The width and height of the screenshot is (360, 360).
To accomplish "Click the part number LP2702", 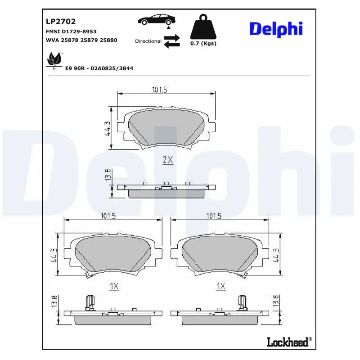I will click(61, 21).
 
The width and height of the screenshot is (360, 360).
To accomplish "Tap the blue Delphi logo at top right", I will click(276, 29).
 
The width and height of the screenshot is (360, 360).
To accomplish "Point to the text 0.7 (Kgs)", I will click(203, 44).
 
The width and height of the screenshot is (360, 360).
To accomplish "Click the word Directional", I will click(148, 41).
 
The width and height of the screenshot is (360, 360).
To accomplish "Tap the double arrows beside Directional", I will click(171, 41).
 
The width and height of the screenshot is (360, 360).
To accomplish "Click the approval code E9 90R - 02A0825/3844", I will click(99, 68).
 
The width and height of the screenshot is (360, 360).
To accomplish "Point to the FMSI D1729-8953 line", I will click(71, 31).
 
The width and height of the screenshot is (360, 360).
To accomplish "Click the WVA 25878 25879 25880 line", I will click(81, 40).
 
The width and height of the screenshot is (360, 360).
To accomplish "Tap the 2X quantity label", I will click(167, 160).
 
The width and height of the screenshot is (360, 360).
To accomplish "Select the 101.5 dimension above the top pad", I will click(159, 90).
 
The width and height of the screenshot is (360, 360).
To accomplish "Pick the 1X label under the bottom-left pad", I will click(113, 286).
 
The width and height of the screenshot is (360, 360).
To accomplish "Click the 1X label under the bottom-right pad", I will click(220, 286).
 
